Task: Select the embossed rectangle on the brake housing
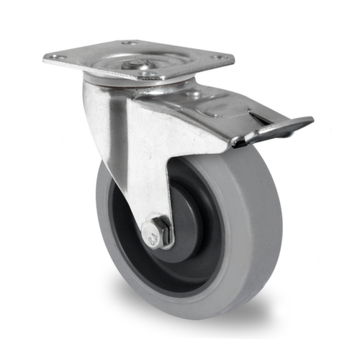[216, 108]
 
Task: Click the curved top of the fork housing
[108, 90]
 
